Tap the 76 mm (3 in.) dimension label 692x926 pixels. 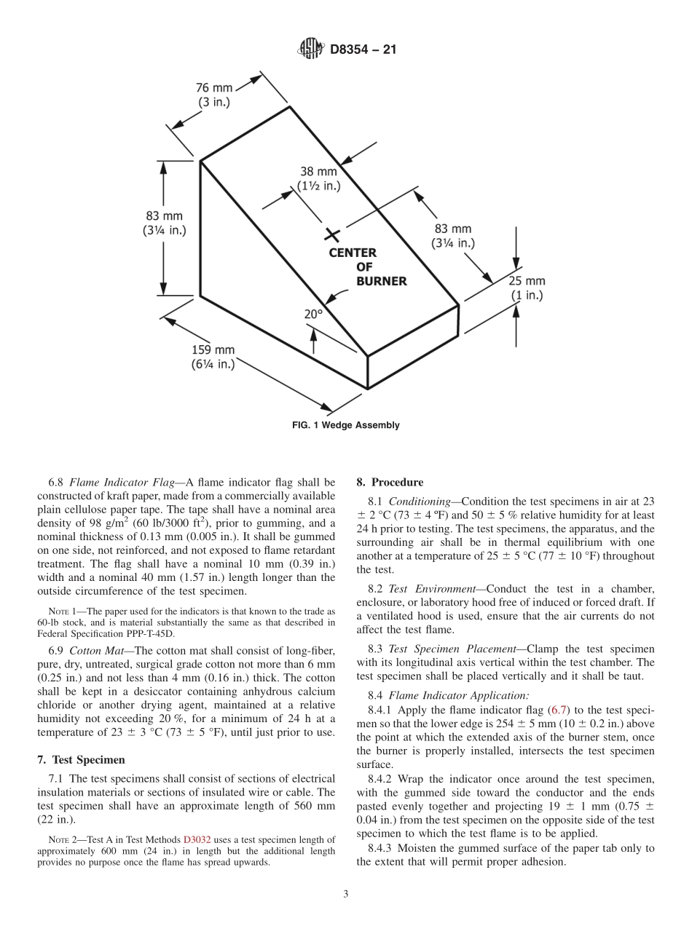pos(214,95)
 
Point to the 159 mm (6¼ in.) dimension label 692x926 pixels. pos(213,357)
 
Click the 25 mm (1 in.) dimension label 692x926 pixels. pos(527,288)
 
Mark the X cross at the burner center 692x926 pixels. pos(332,234)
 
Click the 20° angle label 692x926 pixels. pos(313,314)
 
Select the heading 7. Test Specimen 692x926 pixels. pos(81,760)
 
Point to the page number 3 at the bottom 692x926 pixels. pos(346,895)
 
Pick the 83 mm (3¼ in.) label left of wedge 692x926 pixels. pos(163,223)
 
